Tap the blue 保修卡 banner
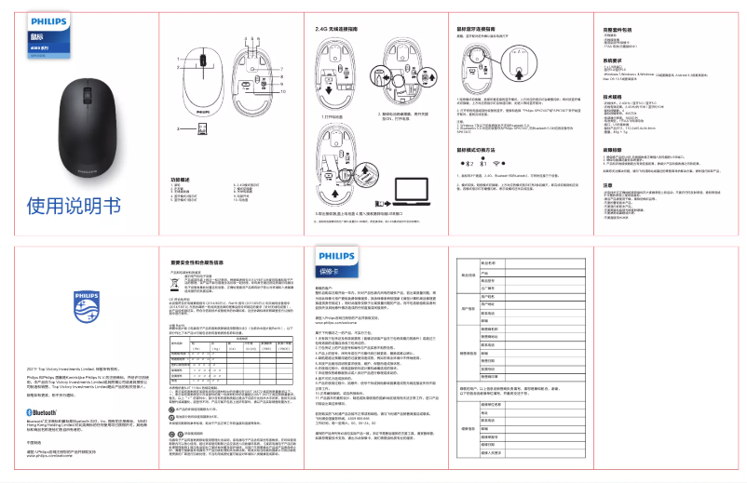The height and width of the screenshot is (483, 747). point(333,271)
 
